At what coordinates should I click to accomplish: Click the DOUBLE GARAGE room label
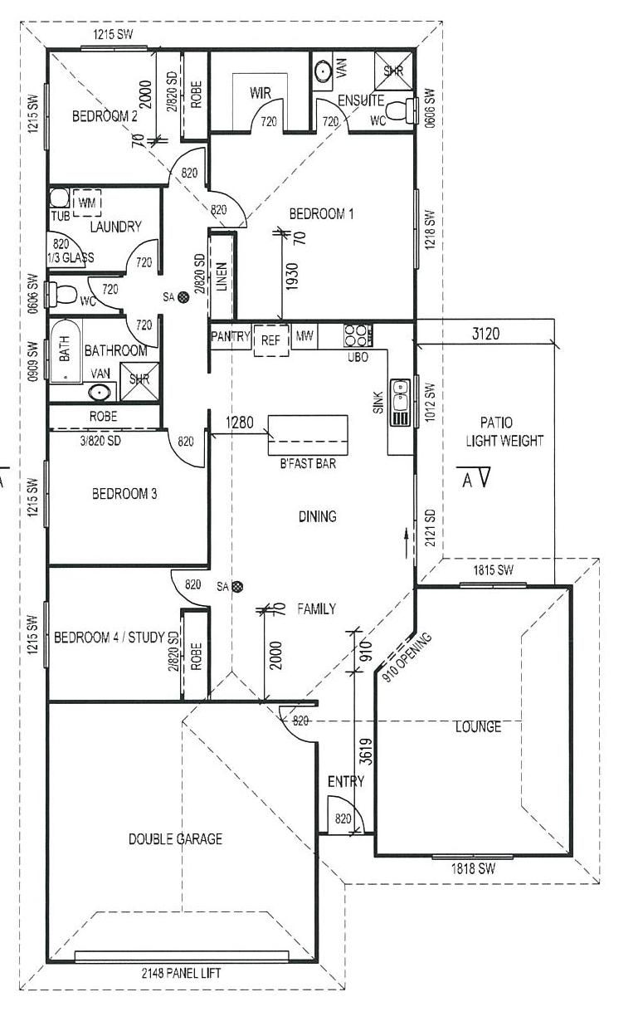pyautogui.click(x=175, y=838)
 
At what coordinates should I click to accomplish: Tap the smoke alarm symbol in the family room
pyautogui.click(x=237, y=586)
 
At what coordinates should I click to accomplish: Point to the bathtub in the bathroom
pyautogui.click(x=66, y=350)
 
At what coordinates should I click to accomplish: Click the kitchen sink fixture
pyautogui.click(x=400, y=403)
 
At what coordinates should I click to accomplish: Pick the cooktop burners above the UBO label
pyautogui.click(x=358, y=335)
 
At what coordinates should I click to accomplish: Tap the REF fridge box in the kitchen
pyautogui.click(x=271, y=340)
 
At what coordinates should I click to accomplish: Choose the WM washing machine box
pyautogui.click(x=87, y=203)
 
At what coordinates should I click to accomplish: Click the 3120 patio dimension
pyautogui.click(x=485, y=334)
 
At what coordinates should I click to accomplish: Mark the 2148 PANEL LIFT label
pyautogui.click(x=181, y=973)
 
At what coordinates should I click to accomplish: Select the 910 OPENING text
pyautogui.click(x=407, y=657)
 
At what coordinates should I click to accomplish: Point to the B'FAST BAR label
pyautogui.click(x=308, y=463)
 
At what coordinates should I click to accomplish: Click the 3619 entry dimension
pyautogui.click(x=366, y=751)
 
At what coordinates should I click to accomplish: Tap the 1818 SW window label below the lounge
pyautogui.click(x=473, y=869)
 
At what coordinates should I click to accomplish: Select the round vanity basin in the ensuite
pyautogui.click(x=323, y=72)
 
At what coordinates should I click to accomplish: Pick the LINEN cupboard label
pyautogui.click(x=222, y=276)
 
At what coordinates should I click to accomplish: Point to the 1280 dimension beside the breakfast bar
pyautogui.click(x=239, y=423)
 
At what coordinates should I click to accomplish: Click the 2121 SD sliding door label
pyautogui.click(x=431, y=527)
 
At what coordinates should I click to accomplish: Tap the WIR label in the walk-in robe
pyautogui.click(x=260, y=94)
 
